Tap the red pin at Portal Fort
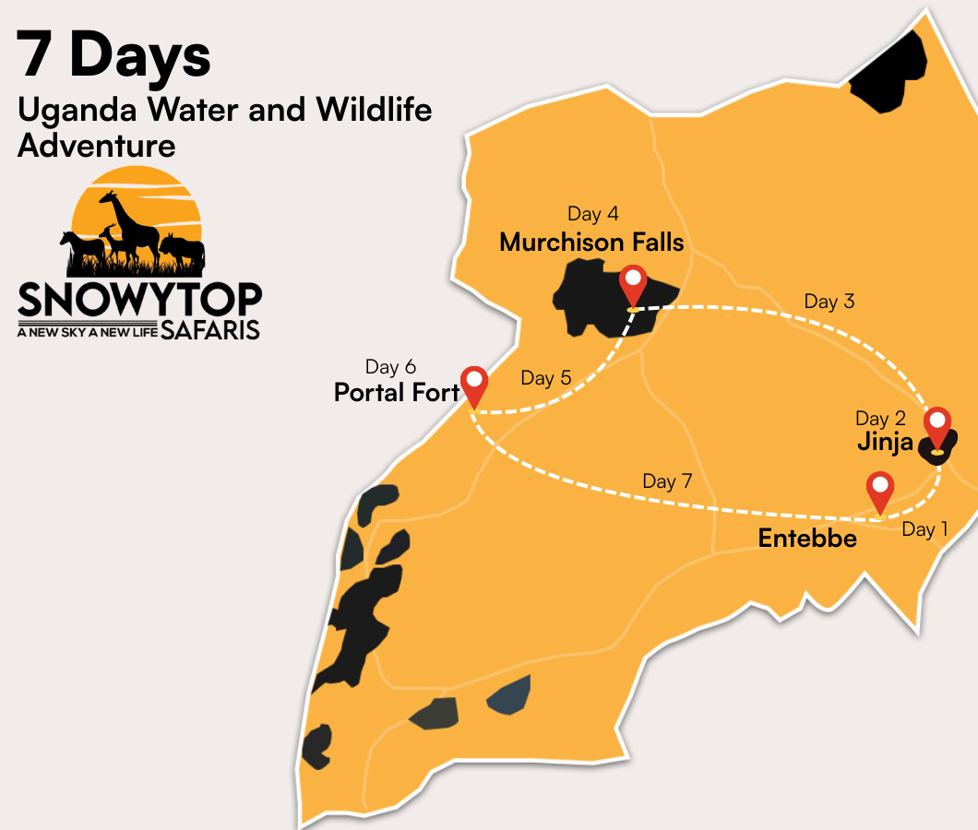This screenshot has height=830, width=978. [474, 383]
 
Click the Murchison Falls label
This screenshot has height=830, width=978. [591, 243]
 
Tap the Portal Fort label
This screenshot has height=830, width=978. [397, 393]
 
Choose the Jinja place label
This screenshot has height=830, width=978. [885, 442]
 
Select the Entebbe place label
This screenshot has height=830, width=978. [807, 539]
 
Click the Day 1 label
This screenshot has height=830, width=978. [924, 529]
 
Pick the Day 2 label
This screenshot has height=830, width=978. [878, 419]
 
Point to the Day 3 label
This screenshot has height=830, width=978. [829, 302]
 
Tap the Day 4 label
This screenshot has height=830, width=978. [592, 215]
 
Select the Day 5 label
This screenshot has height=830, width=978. [545, 378]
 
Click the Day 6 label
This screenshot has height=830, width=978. [390, 367]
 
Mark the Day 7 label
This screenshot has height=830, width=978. [667, 481]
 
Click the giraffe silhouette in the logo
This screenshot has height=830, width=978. [129, 221]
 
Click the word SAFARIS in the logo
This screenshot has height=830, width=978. [210, 329]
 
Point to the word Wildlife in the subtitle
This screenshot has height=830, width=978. [374, 110]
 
